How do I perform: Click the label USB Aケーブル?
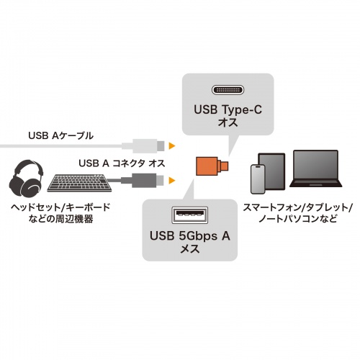pyautogui.click(x=61, y=135)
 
